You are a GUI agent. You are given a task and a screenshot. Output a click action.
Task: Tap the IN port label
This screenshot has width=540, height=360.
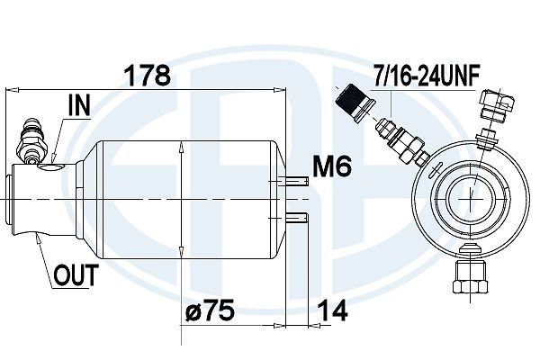(x=79, y=105)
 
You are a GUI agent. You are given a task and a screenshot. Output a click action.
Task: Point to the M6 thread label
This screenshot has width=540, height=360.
(x=332, y=166)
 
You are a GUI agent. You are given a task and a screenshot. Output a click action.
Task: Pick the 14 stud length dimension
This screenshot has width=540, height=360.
(x=332, y=310)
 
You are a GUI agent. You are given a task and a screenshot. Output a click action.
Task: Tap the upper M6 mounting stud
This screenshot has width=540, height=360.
(x=295, y=181)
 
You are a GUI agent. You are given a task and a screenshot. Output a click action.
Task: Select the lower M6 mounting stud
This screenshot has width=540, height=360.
(x=295, y=218)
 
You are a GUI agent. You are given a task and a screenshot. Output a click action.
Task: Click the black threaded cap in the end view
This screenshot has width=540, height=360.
(x=355, y=102)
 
